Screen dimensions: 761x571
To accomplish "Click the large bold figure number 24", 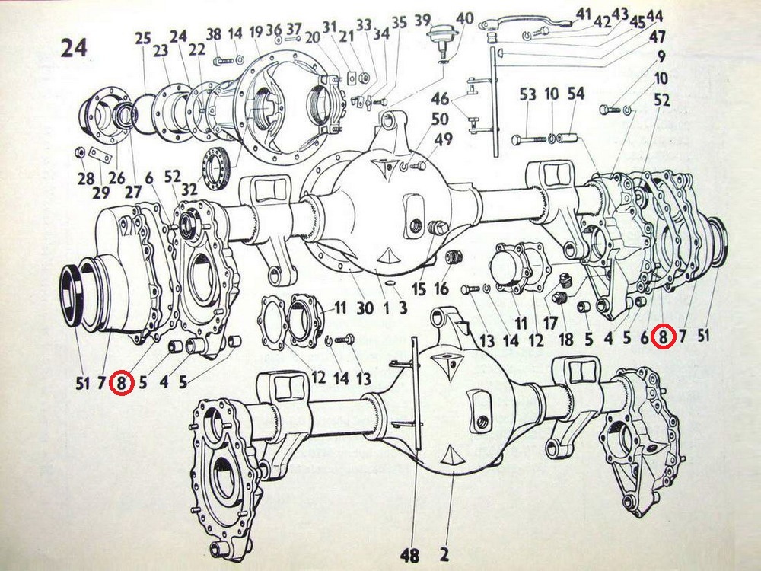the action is [75, 48].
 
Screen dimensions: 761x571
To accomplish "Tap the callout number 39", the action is [423, 21].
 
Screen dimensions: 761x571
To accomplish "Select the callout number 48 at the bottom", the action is [410, 555].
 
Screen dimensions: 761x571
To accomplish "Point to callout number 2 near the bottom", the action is [444, 554].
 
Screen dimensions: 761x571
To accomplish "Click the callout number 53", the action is [527, 94].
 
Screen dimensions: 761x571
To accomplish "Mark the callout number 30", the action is [365, 308].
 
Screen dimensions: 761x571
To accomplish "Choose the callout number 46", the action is [440, 98].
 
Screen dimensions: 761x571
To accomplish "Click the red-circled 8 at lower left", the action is [122, 383].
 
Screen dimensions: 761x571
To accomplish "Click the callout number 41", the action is [583, 15].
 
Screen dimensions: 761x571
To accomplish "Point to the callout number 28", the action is [86, 178].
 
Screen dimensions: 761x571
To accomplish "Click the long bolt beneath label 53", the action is [531, 140].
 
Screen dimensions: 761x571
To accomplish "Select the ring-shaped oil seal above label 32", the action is [216, 167].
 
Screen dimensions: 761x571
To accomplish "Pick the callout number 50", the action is [440, 119].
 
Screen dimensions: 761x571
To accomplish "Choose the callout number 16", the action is [441, 289].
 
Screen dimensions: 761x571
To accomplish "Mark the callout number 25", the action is [143, 38].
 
